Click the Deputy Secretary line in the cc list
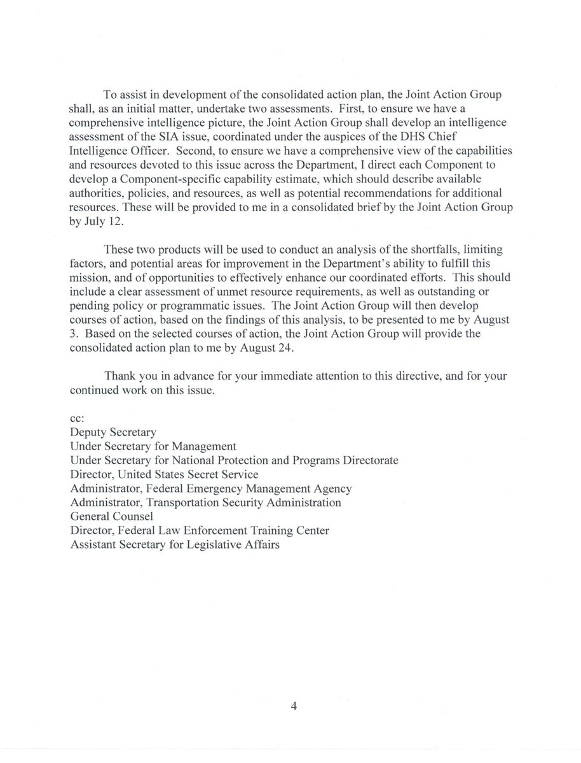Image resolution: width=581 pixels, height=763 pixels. (x=113, y=432)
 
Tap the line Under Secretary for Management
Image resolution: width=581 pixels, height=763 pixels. (x=153, y=446)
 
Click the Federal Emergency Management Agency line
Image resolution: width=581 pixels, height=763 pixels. (x=211, y=488)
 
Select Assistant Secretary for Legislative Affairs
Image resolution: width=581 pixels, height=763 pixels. (x=175, y=544)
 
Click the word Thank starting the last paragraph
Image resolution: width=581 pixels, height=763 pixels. (x=121, y=376)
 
